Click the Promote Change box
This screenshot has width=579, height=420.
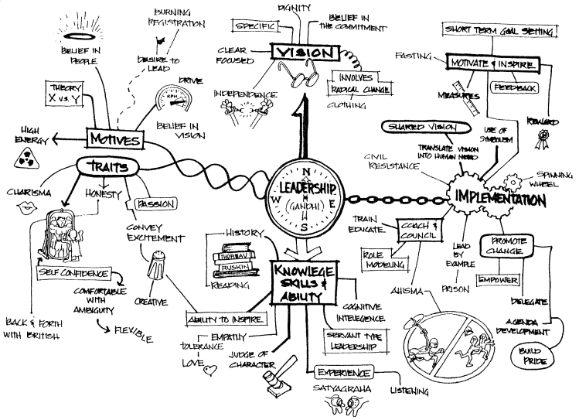click(506, 246)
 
